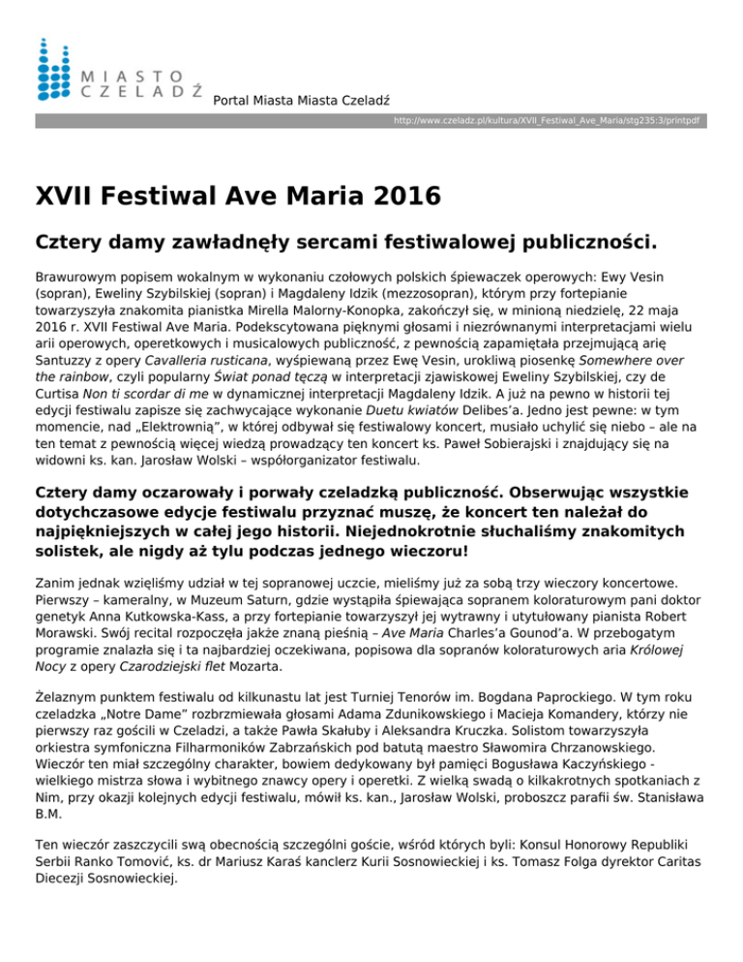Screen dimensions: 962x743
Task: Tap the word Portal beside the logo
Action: pyautogui.click(x=232, y=100)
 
